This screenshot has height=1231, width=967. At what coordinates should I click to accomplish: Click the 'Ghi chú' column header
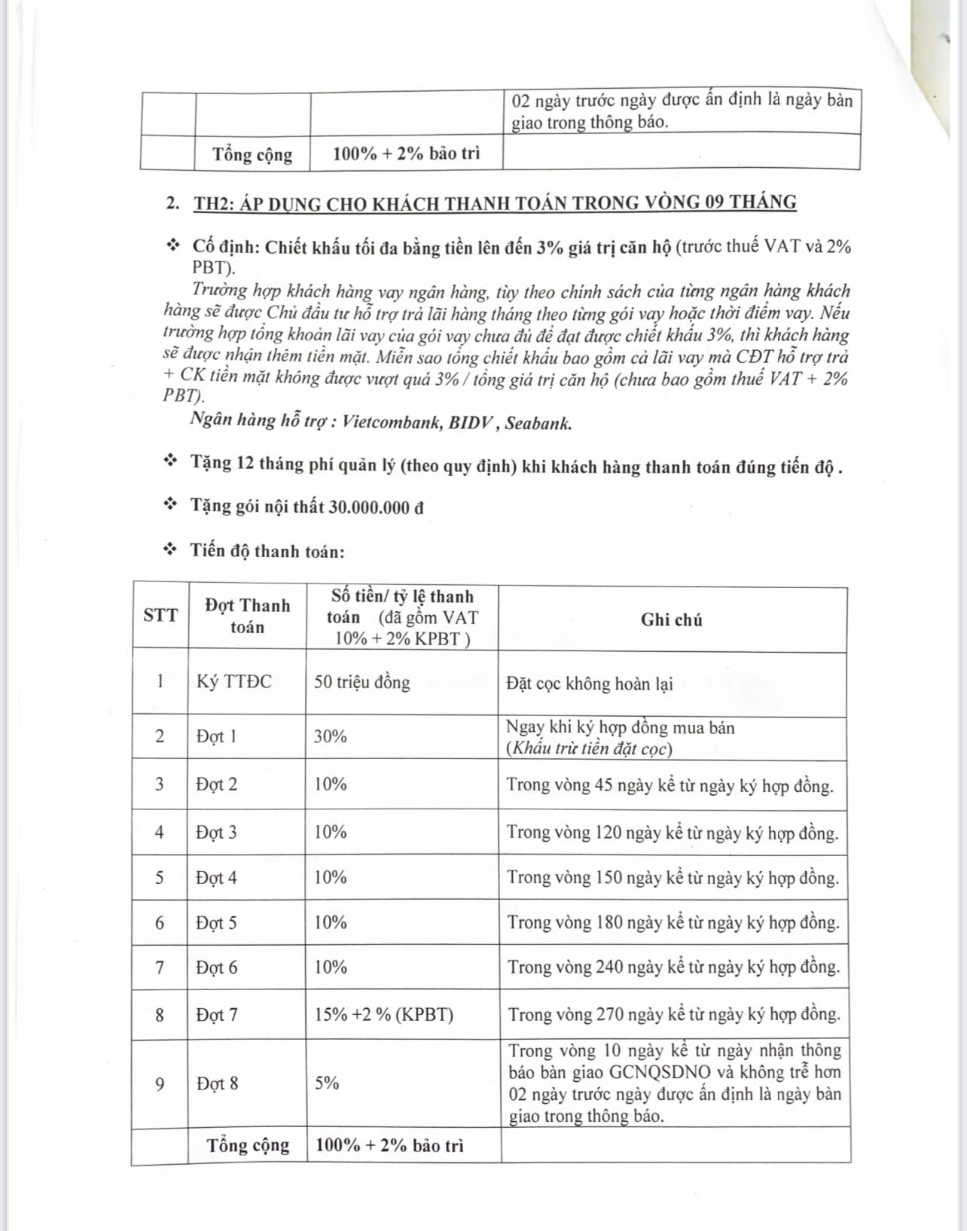point(671,620)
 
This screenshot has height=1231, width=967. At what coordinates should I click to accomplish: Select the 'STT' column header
point(160,615)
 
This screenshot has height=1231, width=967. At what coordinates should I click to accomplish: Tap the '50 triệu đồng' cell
point(362,683)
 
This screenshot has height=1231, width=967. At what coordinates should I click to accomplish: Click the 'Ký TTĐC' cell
point(234,682)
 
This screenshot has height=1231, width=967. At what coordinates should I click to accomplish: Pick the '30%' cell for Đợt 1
point(331,736)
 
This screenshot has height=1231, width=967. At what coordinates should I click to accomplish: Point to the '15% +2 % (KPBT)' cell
point(384,1015)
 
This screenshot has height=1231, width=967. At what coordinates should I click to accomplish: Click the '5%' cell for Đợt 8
point(327,1083)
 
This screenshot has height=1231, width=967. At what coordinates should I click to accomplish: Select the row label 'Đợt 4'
point(217,878)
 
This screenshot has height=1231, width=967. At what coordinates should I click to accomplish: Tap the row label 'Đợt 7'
point(217,1015)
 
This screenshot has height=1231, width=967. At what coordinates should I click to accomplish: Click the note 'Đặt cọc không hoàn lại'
point(590,684)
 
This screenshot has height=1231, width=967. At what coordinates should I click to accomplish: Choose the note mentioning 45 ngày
point(670,785)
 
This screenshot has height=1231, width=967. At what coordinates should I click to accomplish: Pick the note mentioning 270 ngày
point(673,1015)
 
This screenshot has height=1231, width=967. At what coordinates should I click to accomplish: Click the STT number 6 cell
point(160,923)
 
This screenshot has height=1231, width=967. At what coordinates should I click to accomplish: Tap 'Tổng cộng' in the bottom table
point(248,1145)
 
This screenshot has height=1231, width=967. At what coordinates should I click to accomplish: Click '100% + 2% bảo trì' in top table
point(406,154)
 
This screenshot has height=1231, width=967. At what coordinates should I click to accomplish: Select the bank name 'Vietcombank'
point(391,422)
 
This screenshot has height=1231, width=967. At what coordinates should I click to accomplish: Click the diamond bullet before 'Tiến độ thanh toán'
point(171,550)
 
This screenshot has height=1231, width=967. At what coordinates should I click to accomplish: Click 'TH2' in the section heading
point(212,203)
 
